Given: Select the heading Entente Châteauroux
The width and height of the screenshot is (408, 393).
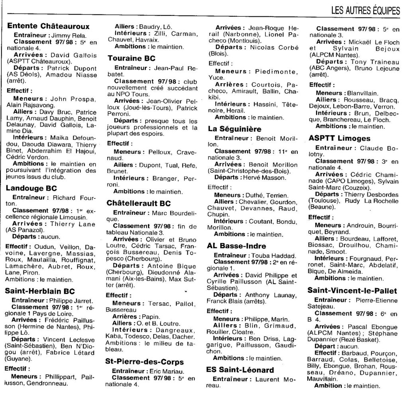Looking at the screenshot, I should tap(48, 27).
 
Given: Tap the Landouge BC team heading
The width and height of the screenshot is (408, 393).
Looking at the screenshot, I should tap(32, 188).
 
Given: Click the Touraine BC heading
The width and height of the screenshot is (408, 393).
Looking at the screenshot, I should tap(131, 58).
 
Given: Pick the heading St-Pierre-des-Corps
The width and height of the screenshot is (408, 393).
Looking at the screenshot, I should tap(144, 362).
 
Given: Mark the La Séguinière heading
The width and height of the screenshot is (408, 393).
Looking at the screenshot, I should tap(235, 129).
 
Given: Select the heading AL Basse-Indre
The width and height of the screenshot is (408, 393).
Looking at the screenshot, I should tap(237, 246).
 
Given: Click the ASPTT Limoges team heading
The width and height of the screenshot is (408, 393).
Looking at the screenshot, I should tap(339, 139).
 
